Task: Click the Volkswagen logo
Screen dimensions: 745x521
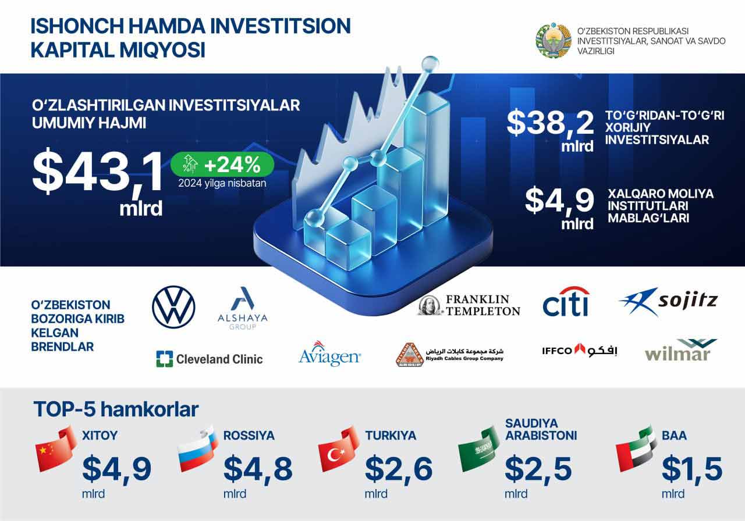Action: (173, 308)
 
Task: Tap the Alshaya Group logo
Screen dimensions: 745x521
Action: (243, 308)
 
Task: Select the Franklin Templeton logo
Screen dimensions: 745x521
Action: (469, 305)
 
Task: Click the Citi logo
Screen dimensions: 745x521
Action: (566, 302)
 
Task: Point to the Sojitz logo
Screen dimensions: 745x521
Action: (669, 301)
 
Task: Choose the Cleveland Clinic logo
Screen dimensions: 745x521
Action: (210, 359)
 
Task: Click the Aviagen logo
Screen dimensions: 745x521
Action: (329, 354)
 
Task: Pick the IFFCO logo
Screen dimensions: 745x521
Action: (580, 350)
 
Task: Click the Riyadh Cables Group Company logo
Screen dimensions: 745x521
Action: (450, 355)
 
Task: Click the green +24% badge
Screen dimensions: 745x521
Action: (222, 164)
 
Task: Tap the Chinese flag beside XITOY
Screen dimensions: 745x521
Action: (56, 449)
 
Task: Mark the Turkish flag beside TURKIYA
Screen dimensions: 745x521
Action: (339, 449)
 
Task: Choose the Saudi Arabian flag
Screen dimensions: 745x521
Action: (479, 449)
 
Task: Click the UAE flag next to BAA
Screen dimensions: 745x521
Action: (636, 449)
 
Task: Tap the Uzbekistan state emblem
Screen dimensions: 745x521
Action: (554, 40)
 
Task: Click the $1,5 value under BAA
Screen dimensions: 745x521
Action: (692, 469)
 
